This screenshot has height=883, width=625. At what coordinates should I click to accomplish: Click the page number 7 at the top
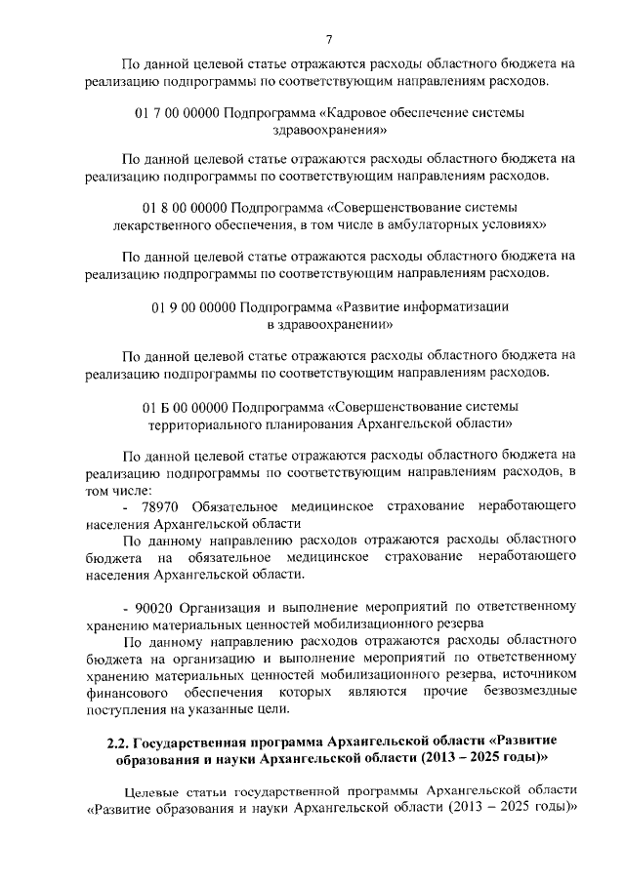pyautogui.click(x=329, y=40)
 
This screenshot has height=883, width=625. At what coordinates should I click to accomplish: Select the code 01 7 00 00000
pyautogui.click(x=176, y=113)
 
